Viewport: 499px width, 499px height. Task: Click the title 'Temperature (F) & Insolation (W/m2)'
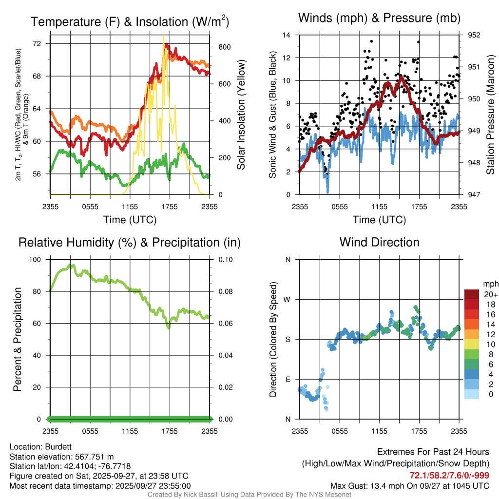(x=130, y=21)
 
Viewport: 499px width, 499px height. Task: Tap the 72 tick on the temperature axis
(x=41, y=43)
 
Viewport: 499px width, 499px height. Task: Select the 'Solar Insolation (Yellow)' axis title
(x=241, y=115)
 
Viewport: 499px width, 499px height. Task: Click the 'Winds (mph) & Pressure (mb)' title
(x=379, y=18)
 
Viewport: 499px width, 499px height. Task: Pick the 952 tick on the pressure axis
(x=474, y=35)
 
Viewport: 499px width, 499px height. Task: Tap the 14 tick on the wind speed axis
(x=287, y=35)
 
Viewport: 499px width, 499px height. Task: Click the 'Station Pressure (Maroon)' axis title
(x=490, y=115)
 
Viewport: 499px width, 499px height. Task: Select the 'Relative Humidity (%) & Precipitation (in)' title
(x=130, y=242)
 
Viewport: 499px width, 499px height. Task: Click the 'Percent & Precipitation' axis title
(x=17, y=339)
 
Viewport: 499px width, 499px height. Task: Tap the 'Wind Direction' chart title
(x=379, y=242)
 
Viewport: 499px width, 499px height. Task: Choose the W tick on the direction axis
(x=288, y=299)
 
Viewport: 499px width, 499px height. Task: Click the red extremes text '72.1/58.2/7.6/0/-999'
(x=449, y=475)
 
